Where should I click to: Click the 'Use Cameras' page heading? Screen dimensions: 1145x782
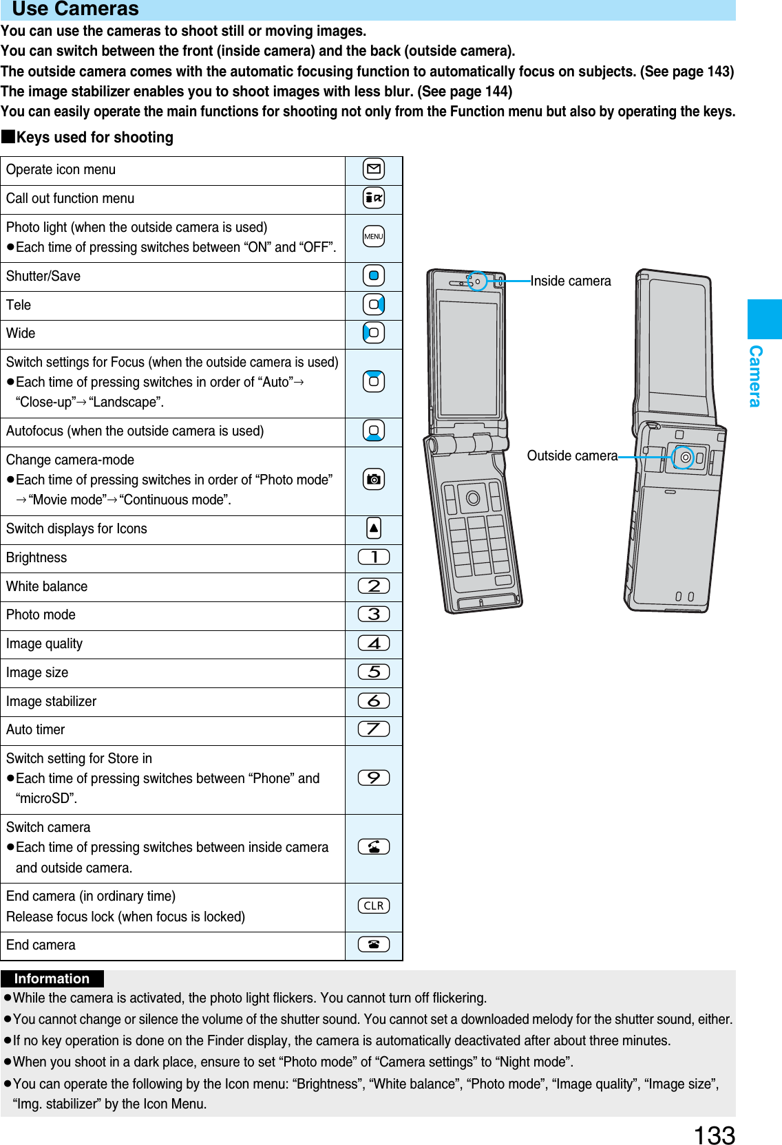76,9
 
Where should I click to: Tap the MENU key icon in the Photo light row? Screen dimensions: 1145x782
374,237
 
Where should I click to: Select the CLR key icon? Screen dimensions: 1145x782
374,906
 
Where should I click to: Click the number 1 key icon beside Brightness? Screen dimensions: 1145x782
374,557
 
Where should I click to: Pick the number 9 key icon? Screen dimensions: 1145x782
374,778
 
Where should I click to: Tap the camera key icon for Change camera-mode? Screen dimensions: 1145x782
374,480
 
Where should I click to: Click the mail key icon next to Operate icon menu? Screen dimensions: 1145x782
374,169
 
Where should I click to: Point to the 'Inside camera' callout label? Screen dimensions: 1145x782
571,281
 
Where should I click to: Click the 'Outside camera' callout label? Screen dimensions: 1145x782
572,456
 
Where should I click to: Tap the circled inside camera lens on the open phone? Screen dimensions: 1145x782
477,281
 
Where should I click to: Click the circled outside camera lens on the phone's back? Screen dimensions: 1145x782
684,457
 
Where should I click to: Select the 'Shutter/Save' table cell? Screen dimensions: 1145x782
43,276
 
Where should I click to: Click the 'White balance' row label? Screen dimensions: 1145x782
47,586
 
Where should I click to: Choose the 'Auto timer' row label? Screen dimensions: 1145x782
36,729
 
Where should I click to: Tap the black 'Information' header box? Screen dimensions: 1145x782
52,978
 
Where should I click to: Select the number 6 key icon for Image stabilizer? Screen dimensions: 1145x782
374,700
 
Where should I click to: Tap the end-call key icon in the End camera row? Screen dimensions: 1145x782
374,944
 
